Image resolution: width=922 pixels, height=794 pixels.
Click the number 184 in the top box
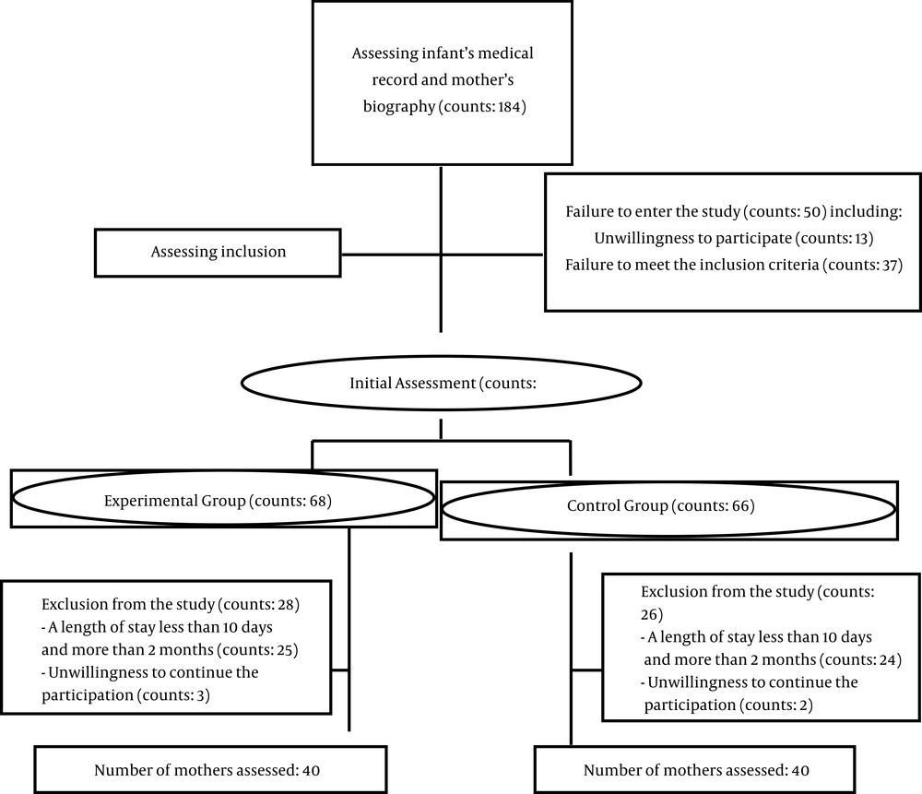click(509, 106)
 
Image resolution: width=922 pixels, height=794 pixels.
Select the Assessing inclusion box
click(218, 253)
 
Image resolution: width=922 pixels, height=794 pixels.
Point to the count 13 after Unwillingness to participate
click(860, 238)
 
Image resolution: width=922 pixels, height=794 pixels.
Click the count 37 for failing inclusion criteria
click(890, 265)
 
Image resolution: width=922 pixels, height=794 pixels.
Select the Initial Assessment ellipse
click(441, 383)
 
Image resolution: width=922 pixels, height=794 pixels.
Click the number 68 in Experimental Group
click(317, 501)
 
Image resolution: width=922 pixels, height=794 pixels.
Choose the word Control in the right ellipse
click(588, 505)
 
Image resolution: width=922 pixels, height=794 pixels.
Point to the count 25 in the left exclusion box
click(284, 650)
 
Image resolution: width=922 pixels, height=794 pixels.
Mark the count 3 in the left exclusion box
click(200, 695)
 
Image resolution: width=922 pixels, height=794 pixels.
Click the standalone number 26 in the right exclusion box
click(649, 614)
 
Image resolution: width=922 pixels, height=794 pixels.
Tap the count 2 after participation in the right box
click(803, 705)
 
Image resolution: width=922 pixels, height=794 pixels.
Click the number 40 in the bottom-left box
click(311, 770)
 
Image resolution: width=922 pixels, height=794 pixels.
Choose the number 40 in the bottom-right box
click(800, 770)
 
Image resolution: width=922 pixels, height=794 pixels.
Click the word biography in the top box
click(399, 107)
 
